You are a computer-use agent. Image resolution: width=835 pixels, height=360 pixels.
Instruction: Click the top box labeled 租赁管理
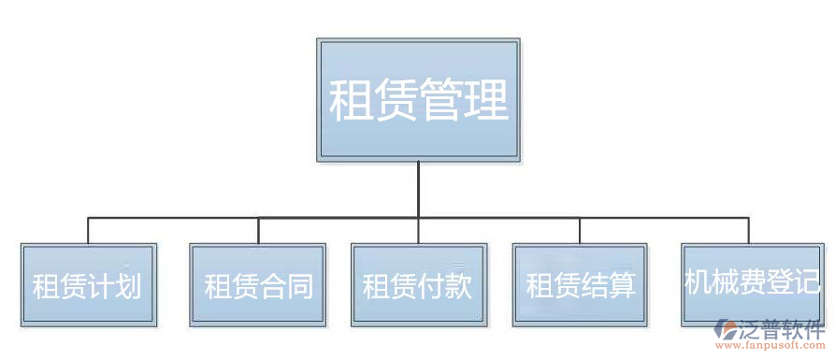(418, 100)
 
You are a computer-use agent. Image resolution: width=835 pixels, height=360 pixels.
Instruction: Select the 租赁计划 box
(89, 284)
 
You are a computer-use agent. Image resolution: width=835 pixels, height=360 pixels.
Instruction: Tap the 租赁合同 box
(258, 284)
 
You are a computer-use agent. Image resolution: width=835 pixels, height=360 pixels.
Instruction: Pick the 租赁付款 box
(419, 284)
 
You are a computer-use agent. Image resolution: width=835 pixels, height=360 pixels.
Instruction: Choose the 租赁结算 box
(581, 284)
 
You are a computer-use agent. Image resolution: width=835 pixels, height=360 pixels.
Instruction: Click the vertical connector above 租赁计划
(89, 231)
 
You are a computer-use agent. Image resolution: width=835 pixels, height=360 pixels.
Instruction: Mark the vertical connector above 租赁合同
(258, 231)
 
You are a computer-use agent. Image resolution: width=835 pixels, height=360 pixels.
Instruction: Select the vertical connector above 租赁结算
(581, 231)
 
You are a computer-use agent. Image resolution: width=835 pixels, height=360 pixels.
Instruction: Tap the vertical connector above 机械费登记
(749, 231)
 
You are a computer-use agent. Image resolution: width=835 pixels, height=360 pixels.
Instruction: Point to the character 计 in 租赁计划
(102, 285)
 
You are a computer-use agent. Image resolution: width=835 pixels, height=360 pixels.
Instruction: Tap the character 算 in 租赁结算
(622, 285)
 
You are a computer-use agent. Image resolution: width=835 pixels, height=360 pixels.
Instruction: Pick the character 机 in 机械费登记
(698, 282)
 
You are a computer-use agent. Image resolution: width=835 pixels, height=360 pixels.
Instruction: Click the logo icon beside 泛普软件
(726, 330)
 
